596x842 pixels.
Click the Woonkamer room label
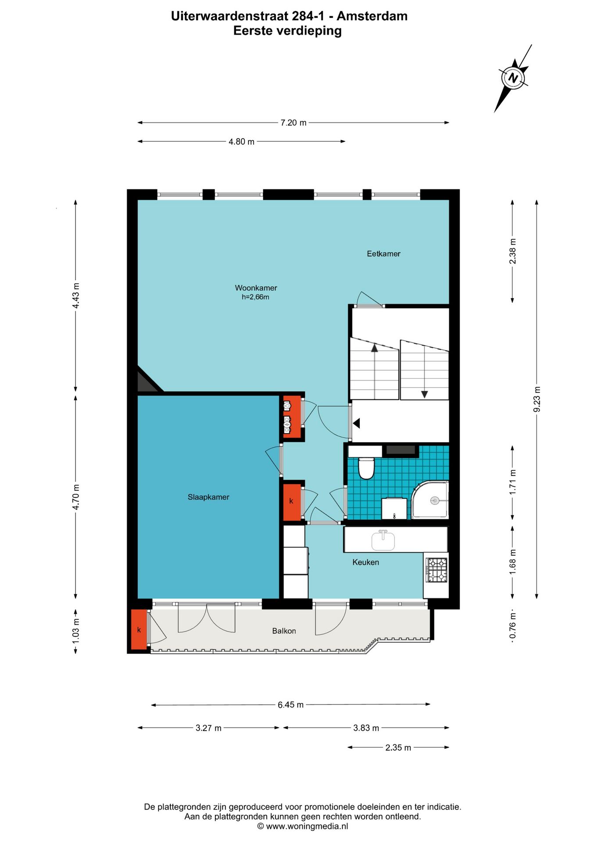[x=256, y=288]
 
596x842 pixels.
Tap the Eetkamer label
[x=384, y=253]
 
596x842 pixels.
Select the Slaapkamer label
[x=208, y=497]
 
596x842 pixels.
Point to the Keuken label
[x=366, y=562]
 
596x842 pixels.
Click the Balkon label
[x=284, y=631]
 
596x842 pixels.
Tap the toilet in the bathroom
[x=366, y=468]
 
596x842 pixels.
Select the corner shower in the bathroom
[x=430, y=499]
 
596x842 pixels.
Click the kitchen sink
[x=383, y=540]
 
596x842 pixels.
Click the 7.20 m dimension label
[x=294, y=123]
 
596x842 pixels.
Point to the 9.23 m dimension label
[x=537, y=400]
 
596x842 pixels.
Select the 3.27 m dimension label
[x=208, y=728]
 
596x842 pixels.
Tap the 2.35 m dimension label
[x=398, y=748]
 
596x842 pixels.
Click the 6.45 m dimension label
[x=291, y=705]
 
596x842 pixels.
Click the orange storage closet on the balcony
[x=139, y=630]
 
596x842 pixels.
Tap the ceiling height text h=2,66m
[x=255, y=297]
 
